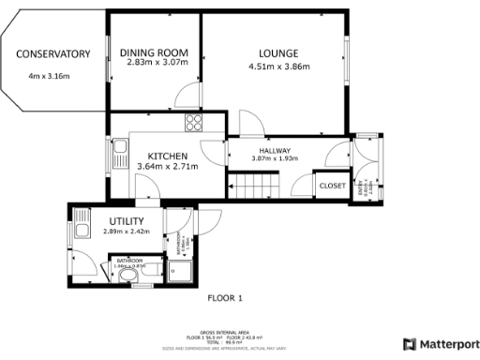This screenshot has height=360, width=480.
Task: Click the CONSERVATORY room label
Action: (x=52, y=53)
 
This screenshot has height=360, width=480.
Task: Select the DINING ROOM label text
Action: (x=157, y=52)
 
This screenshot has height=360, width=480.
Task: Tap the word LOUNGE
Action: (x=278, y=52)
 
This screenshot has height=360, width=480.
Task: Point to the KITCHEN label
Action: (x=168, y=156)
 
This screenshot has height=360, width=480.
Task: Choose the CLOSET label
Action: (x=332, y=186)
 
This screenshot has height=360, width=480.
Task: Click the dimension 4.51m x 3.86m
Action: (x=278, y=67)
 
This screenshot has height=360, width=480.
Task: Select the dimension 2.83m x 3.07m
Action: (x=157, y=64)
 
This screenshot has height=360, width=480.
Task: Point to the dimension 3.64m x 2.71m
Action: (x=168, y=167)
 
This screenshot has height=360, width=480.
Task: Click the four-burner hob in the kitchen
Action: (x=194, y=122)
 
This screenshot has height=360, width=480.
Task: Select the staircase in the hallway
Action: (x=258, y=188)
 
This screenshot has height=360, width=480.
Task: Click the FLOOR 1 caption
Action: (x=224, y=298)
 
